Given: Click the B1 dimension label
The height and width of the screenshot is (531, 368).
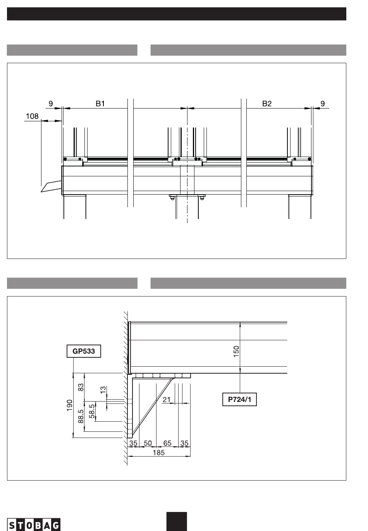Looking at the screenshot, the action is (x=100, y=103).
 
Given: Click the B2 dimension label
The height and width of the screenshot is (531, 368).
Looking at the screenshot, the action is (x=267, y=103).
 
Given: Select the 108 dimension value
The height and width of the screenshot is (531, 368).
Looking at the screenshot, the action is (x=32, y=116).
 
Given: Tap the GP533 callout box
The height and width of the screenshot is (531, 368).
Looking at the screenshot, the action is (x=84, y=351).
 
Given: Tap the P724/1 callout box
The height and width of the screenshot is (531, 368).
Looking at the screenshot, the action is (x=239, y=400).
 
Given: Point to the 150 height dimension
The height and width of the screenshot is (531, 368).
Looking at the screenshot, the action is (x=236, y=352).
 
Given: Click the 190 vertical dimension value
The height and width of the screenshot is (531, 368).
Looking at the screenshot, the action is (x=69, y=405).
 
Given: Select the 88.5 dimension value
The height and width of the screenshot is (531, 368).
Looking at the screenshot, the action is (x=81, y=417).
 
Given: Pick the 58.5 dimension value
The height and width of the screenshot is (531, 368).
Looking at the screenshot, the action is (x=92, y=411).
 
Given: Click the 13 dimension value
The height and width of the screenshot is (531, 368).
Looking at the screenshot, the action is (x=103, y=390).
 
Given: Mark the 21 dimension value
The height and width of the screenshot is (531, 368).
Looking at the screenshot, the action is (x=166, y=400).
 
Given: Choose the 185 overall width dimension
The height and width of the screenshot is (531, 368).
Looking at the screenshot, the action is (x=158, y=453).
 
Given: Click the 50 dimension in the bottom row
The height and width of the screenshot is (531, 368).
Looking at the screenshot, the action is (x=148, y=443).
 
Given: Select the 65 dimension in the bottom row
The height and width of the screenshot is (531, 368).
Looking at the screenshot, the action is (x=167, y=443).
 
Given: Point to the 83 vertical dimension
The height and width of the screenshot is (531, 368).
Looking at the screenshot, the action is (x=81, y=387).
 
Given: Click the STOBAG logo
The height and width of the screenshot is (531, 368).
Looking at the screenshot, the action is (x=34, y=524).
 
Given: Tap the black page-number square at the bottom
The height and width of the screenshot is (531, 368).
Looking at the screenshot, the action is (x=177, y=522).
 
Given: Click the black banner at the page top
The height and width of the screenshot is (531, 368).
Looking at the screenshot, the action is (x=177, y=14).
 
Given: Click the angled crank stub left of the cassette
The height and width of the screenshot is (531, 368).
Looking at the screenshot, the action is (x=52, y=186).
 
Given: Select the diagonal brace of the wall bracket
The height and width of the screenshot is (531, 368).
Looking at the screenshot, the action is (x=152, y=407).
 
